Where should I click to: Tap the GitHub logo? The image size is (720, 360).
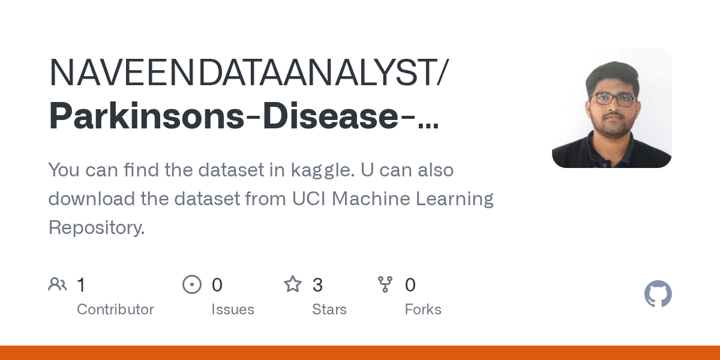pos(658,295)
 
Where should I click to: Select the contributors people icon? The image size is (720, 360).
pos(58,284)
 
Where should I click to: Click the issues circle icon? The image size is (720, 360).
pos(192,284)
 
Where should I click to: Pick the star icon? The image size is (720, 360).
pos(293,284)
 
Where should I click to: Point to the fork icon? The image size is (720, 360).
pos(385,284)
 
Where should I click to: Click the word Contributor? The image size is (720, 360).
pos(115,310)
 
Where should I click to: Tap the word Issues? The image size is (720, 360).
pos(233,310)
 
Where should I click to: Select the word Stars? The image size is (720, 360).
pos(329,310)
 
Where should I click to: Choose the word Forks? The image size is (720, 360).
pos(423,310)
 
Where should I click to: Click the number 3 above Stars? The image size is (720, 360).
pos(317,285)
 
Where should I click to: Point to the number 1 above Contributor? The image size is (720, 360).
pos(81,285)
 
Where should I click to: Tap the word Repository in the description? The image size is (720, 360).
pos(96,227)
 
